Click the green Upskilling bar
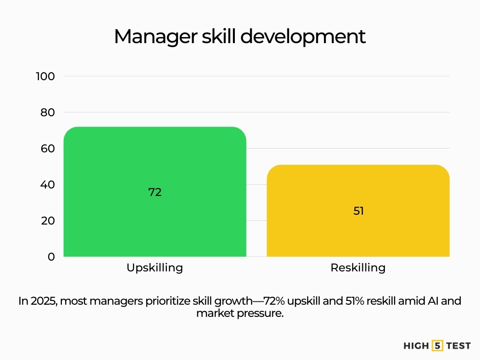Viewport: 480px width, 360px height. [x=155, y=192]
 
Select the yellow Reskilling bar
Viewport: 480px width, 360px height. [x=358, y=210]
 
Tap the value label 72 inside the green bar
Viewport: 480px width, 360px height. [x=155, y=192]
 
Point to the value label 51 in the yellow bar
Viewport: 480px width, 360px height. [x=359, y=211]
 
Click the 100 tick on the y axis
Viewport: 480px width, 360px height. [x=45, y=76]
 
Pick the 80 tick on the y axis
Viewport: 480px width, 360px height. [x=47, y=112]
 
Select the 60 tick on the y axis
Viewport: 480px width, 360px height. [x=47, y=149]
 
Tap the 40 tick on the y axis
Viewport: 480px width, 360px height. [x=47, y=185]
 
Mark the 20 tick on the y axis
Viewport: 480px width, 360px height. [x=48, y=221]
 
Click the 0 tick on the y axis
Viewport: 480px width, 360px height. [x=51, y=256]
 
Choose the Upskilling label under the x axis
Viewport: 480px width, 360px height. [x=155, y=268]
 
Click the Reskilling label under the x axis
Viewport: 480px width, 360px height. [x=358, y=268]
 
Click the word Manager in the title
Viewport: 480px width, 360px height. [x=156, y=37]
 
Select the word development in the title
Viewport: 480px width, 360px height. [x=303, y=37]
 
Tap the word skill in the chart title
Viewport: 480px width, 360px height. [x=218, y=36]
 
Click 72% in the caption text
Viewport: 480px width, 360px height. [x=274, y=301]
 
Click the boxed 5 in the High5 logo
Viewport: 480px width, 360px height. [x=437, y=345]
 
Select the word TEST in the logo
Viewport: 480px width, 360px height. [x=458, y=346]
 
